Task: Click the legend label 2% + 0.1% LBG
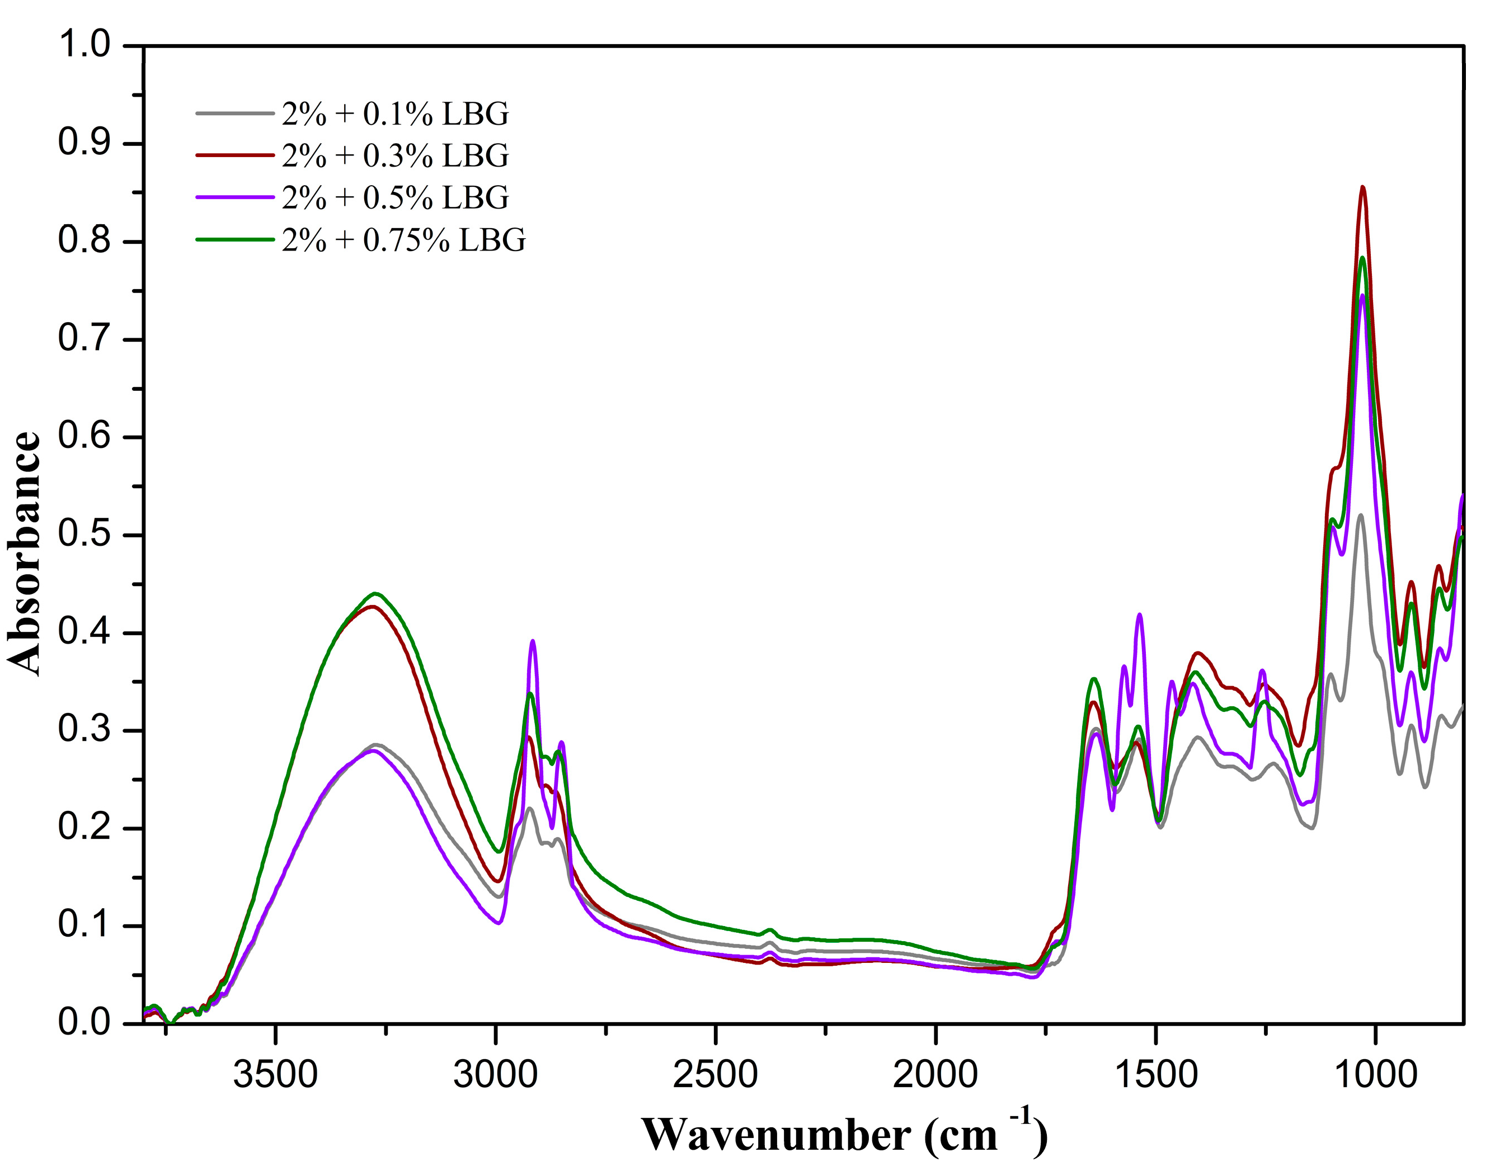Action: [x=395, y=114]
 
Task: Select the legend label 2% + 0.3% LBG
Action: [x=395, y=156]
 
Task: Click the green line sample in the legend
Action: [x=235, y=239]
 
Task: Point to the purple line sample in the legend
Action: [x=235, y=197]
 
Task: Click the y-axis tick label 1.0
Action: [x=84, y=45]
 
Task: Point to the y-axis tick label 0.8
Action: [x=84, y=241]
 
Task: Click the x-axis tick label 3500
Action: [x=276, y=1075]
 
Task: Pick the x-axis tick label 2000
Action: [x=935, y=1075]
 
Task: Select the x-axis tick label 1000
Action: [x=1376, y=1075]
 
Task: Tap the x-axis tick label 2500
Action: [x=716, y=1075]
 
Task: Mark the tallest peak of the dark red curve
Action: [x=1362, y=187]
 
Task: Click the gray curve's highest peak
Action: [x=1361, y=515]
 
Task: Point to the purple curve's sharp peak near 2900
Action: [x=533, y=641]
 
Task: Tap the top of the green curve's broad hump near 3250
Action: [x=375, y=593]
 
